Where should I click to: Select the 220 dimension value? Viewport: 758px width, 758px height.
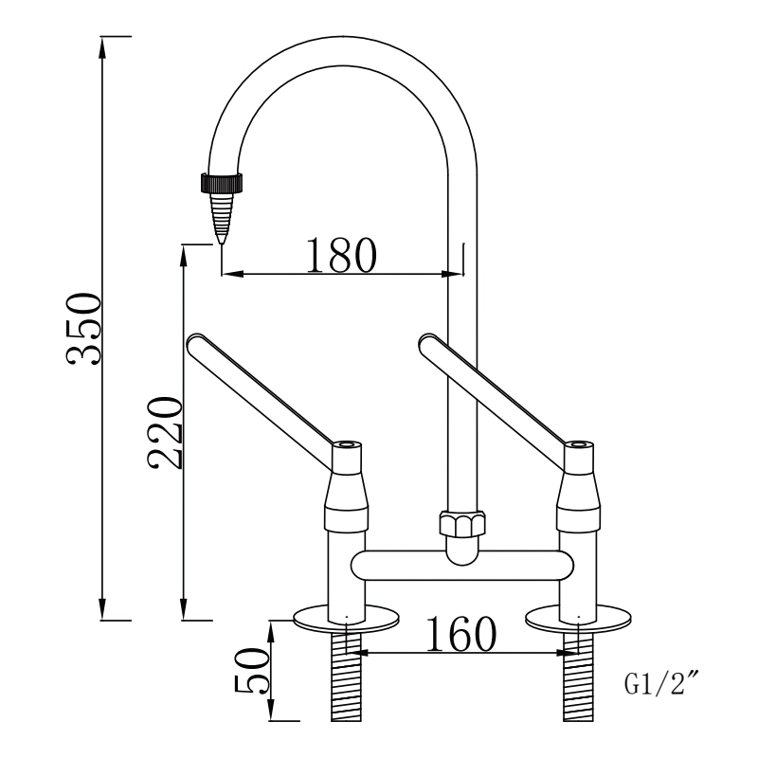[x=163, y=433]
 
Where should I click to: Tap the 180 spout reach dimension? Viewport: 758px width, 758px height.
[x=341, y=253]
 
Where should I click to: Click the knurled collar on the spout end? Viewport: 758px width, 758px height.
[x=224, y=182]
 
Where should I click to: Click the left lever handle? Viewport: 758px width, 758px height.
[x=261, y=389]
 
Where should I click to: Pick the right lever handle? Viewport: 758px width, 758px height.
[x=493, y=389]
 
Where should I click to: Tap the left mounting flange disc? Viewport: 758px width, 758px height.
[x=347, y=617]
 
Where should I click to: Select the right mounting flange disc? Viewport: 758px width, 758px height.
[x=579, y=617]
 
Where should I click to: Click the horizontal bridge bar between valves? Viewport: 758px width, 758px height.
[x=461, y=566]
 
